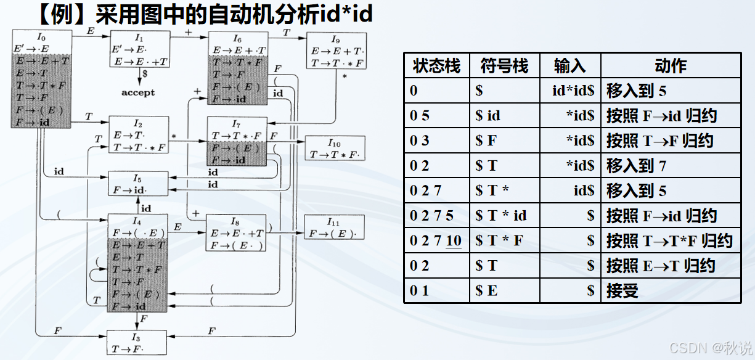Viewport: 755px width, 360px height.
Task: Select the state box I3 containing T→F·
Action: click(137, 342)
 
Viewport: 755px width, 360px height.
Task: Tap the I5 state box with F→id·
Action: click(138, 184)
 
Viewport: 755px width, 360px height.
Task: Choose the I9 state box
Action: click(337, 51)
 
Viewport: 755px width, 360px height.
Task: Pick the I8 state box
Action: click(235, 232)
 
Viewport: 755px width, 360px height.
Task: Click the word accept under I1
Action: click(138, 92)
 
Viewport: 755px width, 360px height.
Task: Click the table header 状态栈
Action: click(436, 66)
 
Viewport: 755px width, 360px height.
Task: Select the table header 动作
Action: click(671, 66)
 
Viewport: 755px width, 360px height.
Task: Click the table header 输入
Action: click(570, 66)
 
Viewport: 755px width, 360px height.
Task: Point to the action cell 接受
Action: click(622, 291)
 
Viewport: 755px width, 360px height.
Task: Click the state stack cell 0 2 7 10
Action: click(436, 240)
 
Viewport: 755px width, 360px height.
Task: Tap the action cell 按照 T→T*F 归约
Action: click(669, 240)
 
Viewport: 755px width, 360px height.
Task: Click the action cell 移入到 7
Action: click(637, 166)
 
